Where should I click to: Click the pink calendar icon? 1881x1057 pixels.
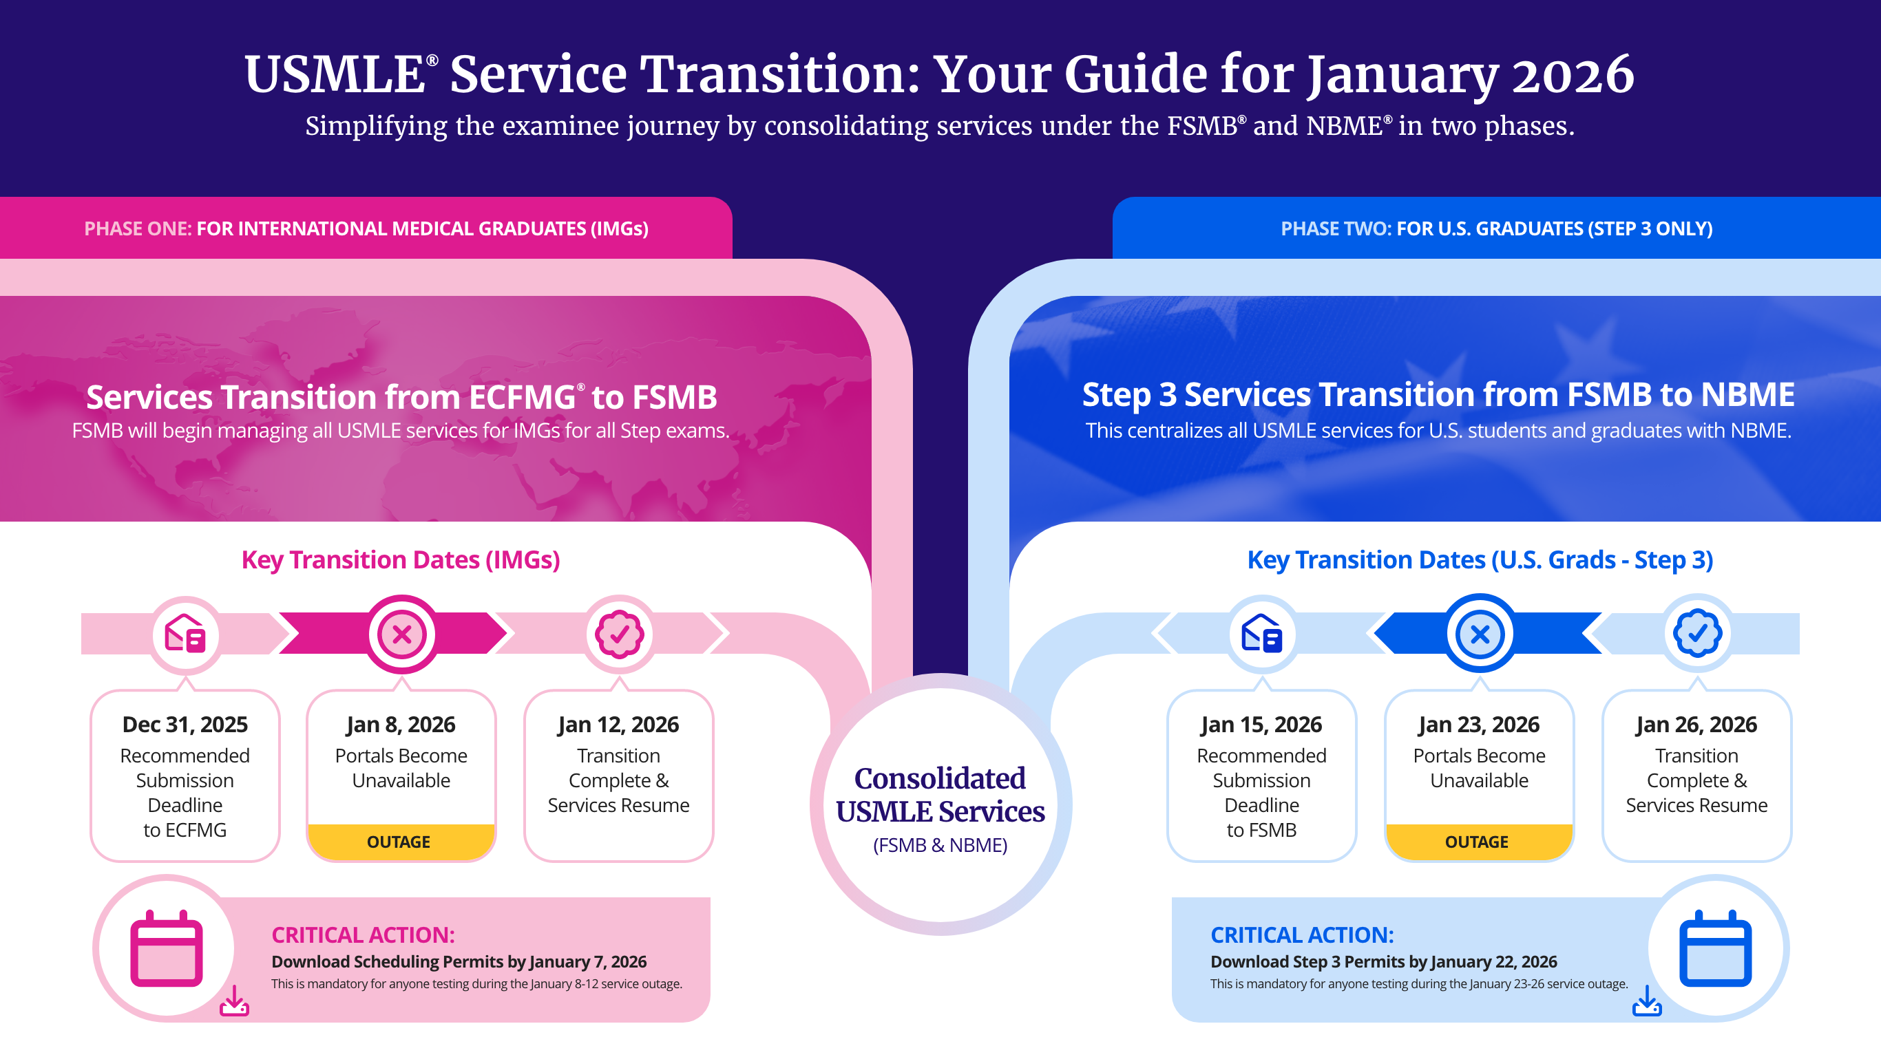pyautogui.click(x=167, y=948)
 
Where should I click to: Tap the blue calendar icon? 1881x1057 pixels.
pyautogui.click(x=1714, y=948)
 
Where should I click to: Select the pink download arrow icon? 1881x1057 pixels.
pyautogui.click(x=234, y=1001)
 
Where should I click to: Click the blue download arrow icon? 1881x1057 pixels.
pyautogui.click(x=1647, y=1001)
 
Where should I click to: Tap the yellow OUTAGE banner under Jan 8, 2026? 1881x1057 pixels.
pyautogui.click(x=399, y=842)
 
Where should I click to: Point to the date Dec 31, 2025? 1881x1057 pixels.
pyautogui.click(x=185, y=724)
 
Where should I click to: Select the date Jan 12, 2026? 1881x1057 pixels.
pyautogui.click(x=618, y=724)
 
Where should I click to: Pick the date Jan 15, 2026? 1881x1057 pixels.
pyautogui.click(x=1261, y=724)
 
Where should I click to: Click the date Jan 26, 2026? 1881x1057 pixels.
pyautogui.click(x=1696, y=724)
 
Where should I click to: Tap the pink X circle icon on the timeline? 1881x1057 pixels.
pyautogui.click(x=401, y=634)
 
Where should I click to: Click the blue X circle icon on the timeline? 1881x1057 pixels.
pyautogui.click(x=1480, y=634)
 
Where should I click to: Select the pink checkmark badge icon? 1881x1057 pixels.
pyautogui.click(x=619, y=634)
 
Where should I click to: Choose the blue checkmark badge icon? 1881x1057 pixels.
pyautogui.click(x=1697, y=634)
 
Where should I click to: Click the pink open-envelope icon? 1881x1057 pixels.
pyautogui.click(x=185, y=634)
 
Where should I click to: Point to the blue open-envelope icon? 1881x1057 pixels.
pyautogui.click(x=1261, y=634)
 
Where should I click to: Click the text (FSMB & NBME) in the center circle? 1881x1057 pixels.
pyautogui.click(x=940, y=844)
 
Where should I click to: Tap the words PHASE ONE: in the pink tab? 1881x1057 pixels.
pyautogui.click(x=137, y=228)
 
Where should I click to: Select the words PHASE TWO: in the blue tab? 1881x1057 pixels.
pyautogui.click(x=1336, y=228)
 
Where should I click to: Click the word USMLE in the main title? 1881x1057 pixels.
pyautogui.click(x=335, y=74)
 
